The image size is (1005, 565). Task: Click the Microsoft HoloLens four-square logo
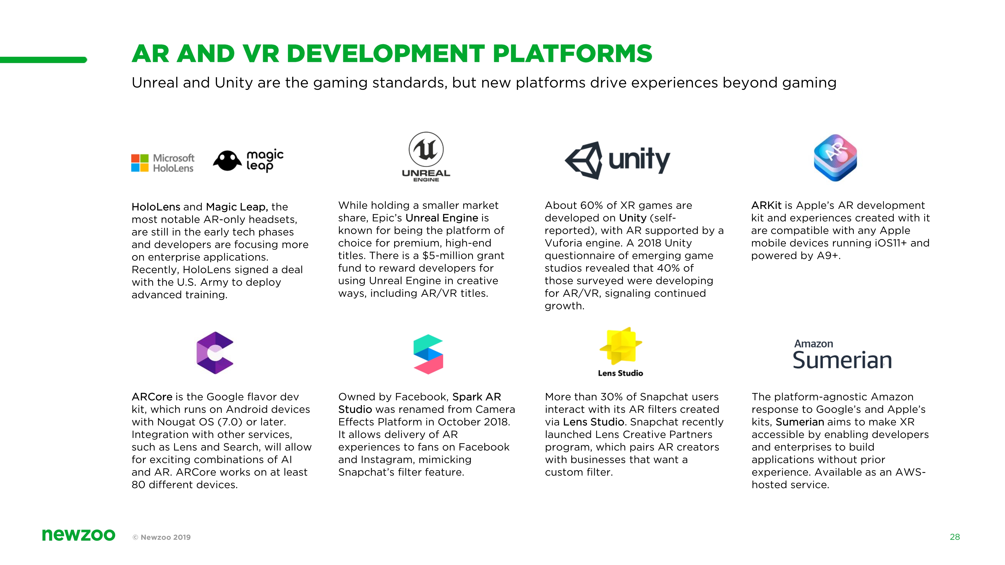pos(140,163)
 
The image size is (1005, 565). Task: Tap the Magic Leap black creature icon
pos(227,161)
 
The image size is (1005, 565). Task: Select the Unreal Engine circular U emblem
pos(426,149)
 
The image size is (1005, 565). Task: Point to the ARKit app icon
pos(835,157)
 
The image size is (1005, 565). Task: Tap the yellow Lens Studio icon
pos(621,346)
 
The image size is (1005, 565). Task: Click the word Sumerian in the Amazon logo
pos(842,360)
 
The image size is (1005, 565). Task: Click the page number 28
pos(955,537)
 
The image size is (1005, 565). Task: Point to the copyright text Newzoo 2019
pos(162,537)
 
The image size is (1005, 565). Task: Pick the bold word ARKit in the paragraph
pos(766,205)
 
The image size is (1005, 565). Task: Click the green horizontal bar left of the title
pos(43,60)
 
